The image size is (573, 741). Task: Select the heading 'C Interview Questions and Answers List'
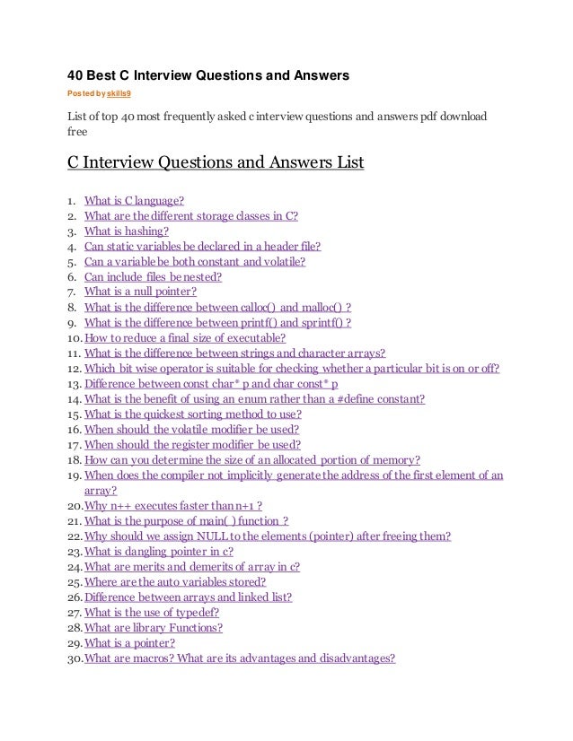216,166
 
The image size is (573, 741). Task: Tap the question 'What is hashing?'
127,231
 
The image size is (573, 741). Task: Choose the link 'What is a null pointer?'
140,292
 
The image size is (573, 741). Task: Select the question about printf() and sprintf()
217,322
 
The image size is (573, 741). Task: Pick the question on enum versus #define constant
254,398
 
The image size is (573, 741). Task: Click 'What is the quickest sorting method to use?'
192,414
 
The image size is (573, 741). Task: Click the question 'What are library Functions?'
154,627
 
